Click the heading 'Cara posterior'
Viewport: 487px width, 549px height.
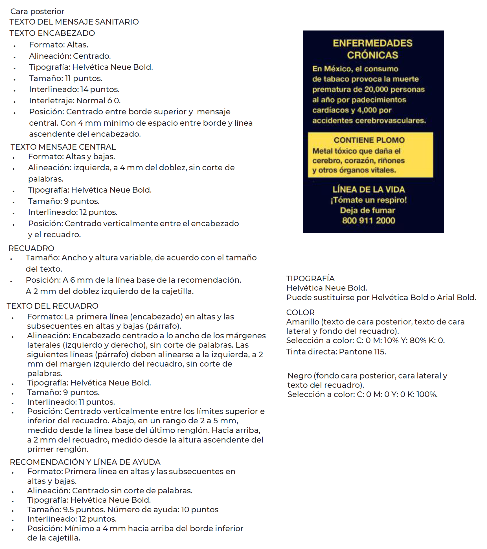(37, 11)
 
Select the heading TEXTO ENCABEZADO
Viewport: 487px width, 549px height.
(52, 33)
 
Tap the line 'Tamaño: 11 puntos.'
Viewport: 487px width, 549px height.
(66, 78)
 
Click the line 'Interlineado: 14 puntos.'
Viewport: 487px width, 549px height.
(74, 89)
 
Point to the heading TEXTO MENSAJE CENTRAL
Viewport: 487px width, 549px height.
(63, 147)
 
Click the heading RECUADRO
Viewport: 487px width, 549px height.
(31, 248)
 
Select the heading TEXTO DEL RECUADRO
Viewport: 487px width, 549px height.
(52, 306)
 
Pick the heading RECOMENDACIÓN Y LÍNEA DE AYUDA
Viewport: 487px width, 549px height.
(85, 462)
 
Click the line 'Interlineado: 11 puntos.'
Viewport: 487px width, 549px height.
(71, 402)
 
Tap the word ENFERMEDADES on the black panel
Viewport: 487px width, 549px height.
(372, 43)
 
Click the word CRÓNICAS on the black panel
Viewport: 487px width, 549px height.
(372, 55)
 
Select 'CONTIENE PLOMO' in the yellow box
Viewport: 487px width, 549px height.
(369, 140)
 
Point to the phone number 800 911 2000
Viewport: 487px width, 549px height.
(368, 221)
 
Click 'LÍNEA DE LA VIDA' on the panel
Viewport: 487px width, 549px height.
(368, 189)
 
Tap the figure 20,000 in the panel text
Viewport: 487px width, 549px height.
(376, 90)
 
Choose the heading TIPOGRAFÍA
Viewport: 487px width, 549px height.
(310, 278)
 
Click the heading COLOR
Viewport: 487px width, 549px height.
(300, 312)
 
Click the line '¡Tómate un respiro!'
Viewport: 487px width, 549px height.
(368, 200)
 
